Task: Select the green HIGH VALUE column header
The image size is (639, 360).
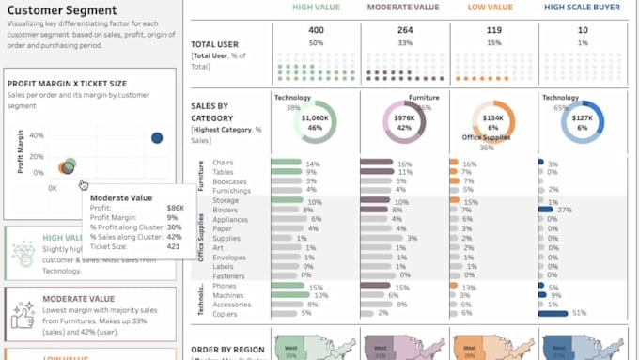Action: pyautogui.click(x=316, y=7)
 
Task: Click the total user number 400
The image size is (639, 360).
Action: pyautogui.click(x=316, y=30)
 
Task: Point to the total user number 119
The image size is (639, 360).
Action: pyautogui.click(x=494, y=30)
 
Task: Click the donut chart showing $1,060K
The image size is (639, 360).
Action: pyautogui.click(x=315, y=121)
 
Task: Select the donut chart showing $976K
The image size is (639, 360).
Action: pyautogui.click(x=404, y=121)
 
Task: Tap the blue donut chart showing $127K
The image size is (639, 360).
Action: pyautogui.click(x=583, y=121)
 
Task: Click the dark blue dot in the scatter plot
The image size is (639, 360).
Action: pyautogui.click(x=157, y=138)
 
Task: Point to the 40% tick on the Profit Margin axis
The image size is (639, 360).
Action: pyautogui.click(x=36, y=135)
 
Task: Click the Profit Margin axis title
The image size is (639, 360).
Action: pyautogui.click(x=20, y=152)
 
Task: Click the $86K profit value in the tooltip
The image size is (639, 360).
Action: pyautogui.click(x=175, y=207)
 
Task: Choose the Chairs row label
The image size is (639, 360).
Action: pyautogui.click(x=225, y=164)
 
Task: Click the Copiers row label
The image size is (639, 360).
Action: pyautogui.click(x=226, y=313)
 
